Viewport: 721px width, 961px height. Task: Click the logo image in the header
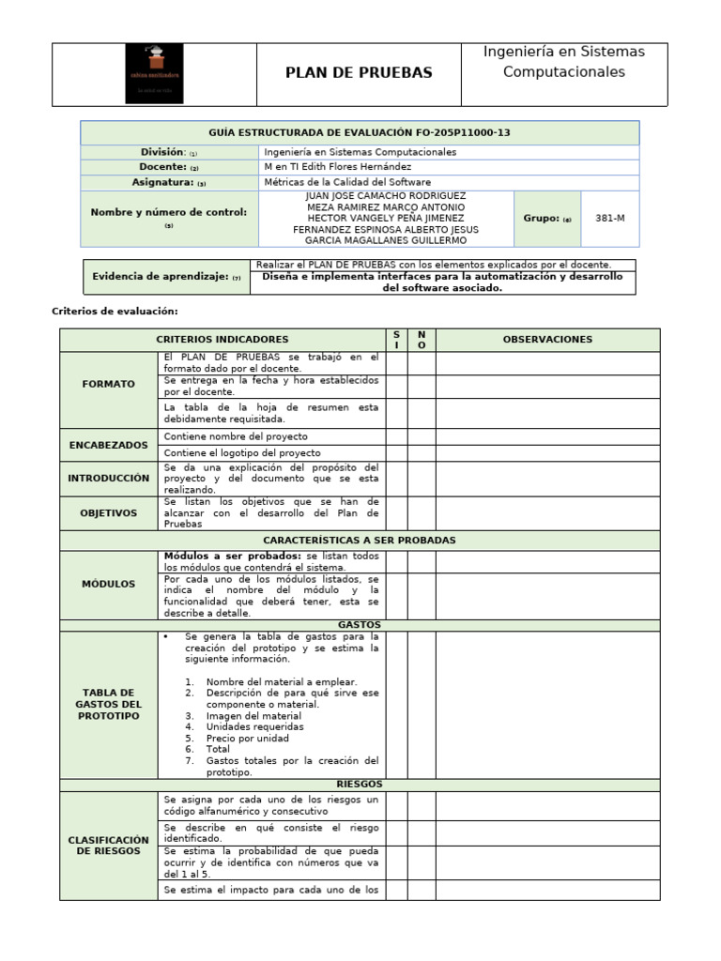tap(154, 74)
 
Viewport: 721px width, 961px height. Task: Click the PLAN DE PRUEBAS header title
tap(359, 73)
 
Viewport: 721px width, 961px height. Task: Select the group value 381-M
tap(609, 218)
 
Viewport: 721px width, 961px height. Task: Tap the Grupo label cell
tap(546, 218)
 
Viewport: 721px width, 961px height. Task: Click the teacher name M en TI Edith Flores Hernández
tap(338, 167)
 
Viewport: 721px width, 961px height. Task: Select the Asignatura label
tap(169, 183)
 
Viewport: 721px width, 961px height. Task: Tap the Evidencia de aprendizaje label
tap(166, 277)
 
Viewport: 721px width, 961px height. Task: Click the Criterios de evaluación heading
tap(114, 311)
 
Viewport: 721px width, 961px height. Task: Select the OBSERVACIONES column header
tap(547, 340)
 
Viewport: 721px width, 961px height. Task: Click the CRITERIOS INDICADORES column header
tap(222, 340)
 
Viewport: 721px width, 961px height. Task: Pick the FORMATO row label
tap(108, 384)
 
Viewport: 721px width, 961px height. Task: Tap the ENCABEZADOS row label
tap(108, 445)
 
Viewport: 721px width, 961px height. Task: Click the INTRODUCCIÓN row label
tap(108, 479)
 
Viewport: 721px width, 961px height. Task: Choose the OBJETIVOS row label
tap(108, 513)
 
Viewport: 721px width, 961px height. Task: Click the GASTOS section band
tap(359, 624)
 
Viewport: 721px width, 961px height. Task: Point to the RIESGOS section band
tap(359, 785)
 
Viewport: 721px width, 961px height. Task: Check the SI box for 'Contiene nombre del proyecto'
tap(396, 437)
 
